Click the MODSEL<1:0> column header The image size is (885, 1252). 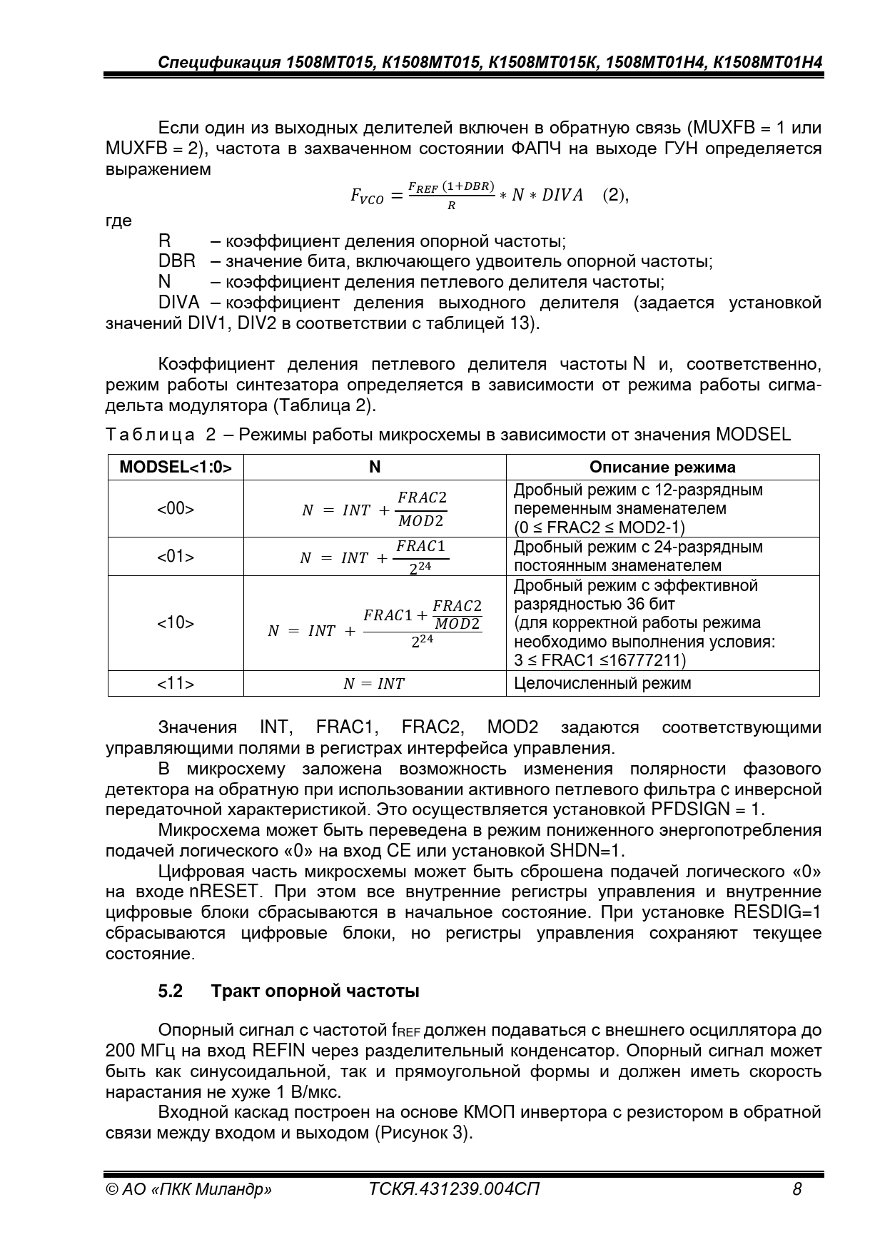(176, 467)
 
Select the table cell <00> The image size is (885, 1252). (176, 509)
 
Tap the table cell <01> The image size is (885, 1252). (176, 557)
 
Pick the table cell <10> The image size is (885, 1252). (176, 623)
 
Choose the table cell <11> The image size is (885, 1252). (176, 683)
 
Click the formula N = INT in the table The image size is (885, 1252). (374, 684)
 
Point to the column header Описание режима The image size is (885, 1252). (662, 467)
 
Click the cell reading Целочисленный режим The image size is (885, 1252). (602, 683)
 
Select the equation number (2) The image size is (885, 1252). (615, 195)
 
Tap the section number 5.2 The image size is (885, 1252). (171, 991)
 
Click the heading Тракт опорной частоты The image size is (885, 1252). (315, 991)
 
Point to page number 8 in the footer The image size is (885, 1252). (796, 1189)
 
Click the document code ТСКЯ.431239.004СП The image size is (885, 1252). (454, 1189)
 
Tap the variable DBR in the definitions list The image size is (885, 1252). (176, 261)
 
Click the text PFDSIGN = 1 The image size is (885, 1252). (707, 809)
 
